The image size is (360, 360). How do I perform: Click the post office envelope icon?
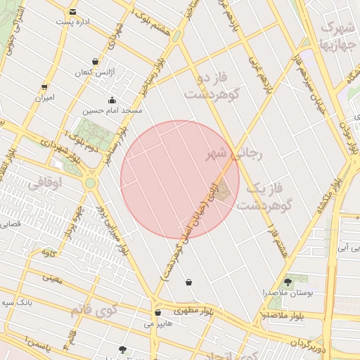(x=73, y=12)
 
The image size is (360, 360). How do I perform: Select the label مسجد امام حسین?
(x=112, y=110)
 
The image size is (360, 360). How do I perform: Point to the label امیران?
(x=44, y=98)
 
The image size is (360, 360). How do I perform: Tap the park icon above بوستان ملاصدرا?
(x=288, y=281)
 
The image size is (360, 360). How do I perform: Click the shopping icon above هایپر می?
(x=157, y=313)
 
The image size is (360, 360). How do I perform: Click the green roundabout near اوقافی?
(x=90, y=184)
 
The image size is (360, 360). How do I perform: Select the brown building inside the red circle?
(x=223, y=191)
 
